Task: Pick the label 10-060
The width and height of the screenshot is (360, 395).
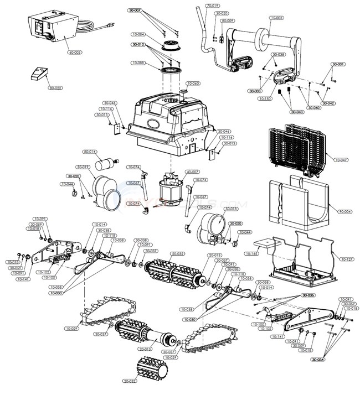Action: (193, 84)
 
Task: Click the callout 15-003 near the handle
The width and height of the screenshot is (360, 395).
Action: (276, 18)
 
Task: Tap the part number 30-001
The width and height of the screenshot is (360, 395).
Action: (338, 64)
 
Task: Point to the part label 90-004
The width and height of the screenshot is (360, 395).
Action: (345, 211)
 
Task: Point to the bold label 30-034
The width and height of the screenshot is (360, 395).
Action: (333, 360)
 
